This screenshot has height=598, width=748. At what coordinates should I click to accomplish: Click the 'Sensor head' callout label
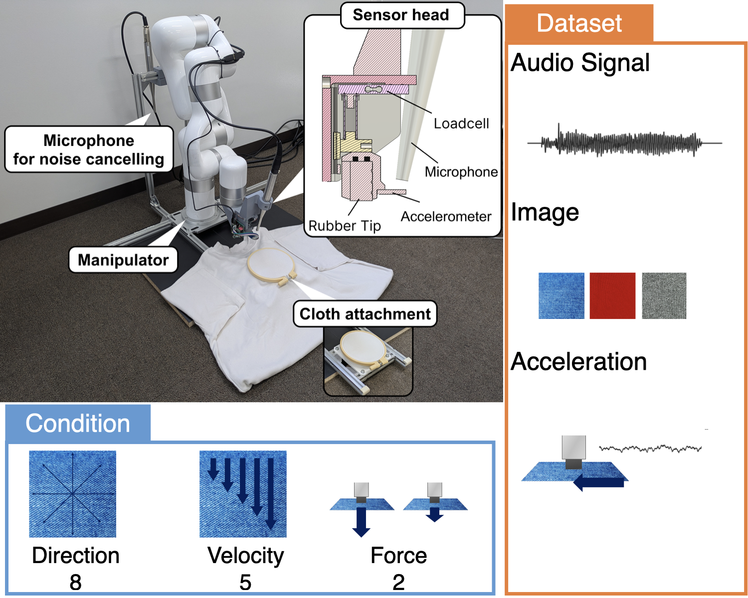coord(401,15)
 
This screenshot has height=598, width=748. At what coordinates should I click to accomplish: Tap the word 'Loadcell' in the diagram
coord(461,124)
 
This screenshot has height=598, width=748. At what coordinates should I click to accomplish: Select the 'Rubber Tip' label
coord(345,226)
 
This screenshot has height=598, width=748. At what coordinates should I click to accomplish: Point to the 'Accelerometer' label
coord(446,217)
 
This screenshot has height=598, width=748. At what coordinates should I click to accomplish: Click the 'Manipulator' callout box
coord(123,260)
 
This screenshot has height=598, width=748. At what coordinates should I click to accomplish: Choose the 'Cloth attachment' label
coord(365,314)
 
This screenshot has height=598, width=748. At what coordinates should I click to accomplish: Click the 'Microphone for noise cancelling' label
coord(89,149)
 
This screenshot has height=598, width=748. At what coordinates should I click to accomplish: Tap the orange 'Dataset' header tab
coord(579,23)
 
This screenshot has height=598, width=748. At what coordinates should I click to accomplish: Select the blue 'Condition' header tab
coord(78,424)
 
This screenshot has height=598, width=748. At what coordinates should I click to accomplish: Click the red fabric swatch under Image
coord(612,296)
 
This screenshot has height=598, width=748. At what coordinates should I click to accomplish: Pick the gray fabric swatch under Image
coord(664,296)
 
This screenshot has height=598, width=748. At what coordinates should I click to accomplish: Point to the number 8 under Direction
coord(75,582)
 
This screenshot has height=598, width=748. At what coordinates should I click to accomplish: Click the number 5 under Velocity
coord(245,582)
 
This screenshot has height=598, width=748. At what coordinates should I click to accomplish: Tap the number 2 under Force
coord(398,582)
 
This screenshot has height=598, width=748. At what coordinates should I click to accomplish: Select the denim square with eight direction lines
coord(73,494)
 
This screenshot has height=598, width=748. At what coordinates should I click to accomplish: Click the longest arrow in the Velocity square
coord(271,493)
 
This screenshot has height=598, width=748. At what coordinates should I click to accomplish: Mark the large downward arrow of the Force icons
coord(361,521)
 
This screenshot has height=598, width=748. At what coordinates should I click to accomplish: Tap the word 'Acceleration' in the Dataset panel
coord(579,362)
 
